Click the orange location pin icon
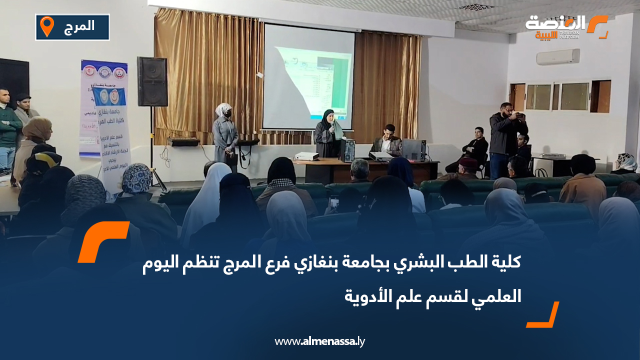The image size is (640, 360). (x=47, y=26)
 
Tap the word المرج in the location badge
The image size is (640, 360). (x=79, y=26)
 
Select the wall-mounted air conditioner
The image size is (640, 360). (x=558, y=57)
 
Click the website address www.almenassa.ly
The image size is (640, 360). (x=320, y=342)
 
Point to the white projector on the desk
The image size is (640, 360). (x=306, y=156)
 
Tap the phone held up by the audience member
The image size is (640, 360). (x=333, y=202)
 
